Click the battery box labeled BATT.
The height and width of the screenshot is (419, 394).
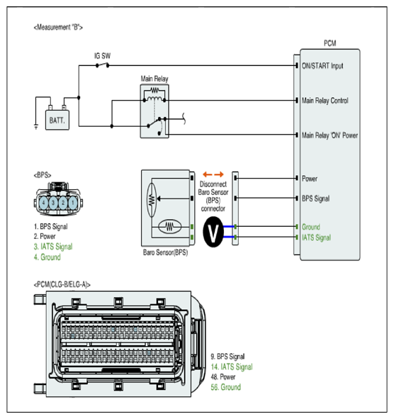pyautogui.click(x=57, y=120)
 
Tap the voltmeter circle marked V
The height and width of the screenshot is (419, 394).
pyautogui.click(x=213, y=232)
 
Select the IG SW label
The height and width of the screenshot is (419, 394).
pyautogui.click(x=102, y=56)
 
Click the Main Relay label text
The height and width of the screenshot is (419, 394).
pyautogui.click(x=154, y=79)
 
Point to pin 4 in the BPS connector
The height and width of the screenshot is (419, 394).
pyautogui.click(x=43, y=203)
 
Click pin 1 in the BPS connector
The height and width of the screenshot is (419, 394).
pyautogui.click(x=73, y=203)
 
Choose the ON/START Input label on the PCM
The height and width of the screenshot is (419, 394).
pyautogui.click(x=322, y=66)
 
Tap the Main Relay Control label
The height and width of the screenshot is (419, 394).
pyautogui.click(x=325, y=101)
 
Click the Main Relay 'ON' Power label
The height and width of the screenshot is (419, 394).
pyautogui.click(x=330, y=135)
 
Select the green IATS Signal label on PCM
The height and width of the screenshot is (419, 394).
pyautogui.click(x=316, y=238)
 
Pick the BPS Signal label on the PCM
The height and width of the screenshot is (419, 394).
pyautogui.click(x=315, y=199)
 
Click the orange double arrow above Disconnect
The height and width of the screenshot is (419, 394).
pyautogui.click(x=213, y=174)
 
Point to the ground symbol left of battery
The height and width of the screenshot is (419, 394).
pyautogui.click(x=36, y=126)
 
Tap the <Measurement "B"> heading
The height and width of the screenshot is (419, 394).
pyautogui.click(x=58, y=27)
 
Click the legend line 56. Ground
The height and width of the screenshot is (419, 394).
pyautogui.click(x=226, y=387)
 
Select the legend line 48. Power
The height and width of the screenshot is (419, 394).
pyautogui.click(x=223, y=376)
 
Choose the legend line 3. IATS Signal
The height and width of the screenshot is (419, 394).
pyautogui.click(x=53, y=247)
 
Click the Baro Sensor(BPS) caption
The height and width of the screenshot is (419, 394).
pyautogui.click(x=165, y=252)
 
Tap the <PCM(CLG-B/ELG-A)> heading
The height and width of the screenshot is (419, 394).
pyautogui.click(x=62, y=284)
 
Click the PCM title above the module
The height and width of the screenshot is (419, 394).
pyautogui.click(x=330, y=43)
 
